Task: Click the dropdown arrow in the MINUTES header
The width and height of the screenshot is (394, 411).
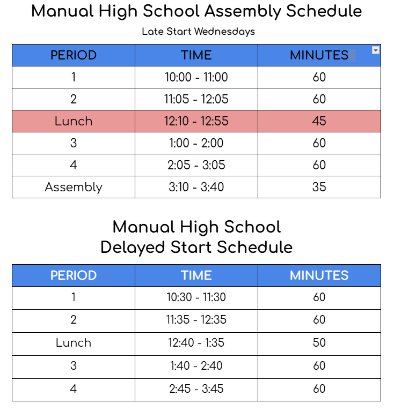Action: click(376, 50)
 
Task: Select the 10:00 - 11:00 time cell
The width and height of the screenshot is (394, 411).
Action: click(196, 77)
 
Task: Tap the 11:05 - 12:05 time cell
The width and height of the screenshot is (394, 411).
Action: click(196, 99)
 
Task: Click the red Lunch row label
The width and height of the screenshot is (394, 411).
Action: click(74, 121)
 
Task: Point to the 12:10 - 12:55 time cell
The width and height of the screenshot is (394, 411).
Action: click(196, 121)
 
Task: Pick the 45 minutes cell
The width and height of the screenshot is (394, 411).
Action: click(319, 121)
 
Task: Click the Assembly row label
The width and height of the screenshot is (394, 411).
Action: click(74, 187)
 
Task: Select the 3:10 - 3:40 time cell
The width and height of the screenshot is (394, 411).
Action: click(196, 187)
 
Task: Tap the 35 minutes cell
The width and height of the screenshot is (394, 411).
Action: click(319, 187)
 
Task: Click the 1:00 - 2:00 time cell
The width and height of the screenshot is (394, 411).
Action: click(196, 143)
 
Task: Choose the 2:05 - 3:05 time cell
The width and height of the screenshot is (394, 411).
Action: click(196, 165)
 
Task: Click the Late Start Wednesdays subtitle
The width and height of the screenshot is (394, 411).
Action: click(198, 32)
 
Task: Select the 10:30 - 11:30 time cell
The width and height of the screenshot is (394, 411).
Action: click(196, 297)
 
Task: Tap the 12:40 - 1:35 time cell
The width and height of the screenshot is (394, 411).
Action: click(196, 342)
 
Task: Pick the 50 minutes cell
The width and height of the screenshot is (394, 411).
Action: click(319, 342)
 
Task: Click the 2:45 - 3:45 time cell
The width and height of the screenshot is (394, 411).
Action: click(196, 388)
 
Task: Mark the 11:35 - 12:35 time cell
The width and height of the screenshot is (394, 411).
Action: click(196, 320)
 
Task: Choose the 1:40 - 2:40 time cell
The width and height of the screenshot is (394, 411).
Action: click(196, 365)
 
